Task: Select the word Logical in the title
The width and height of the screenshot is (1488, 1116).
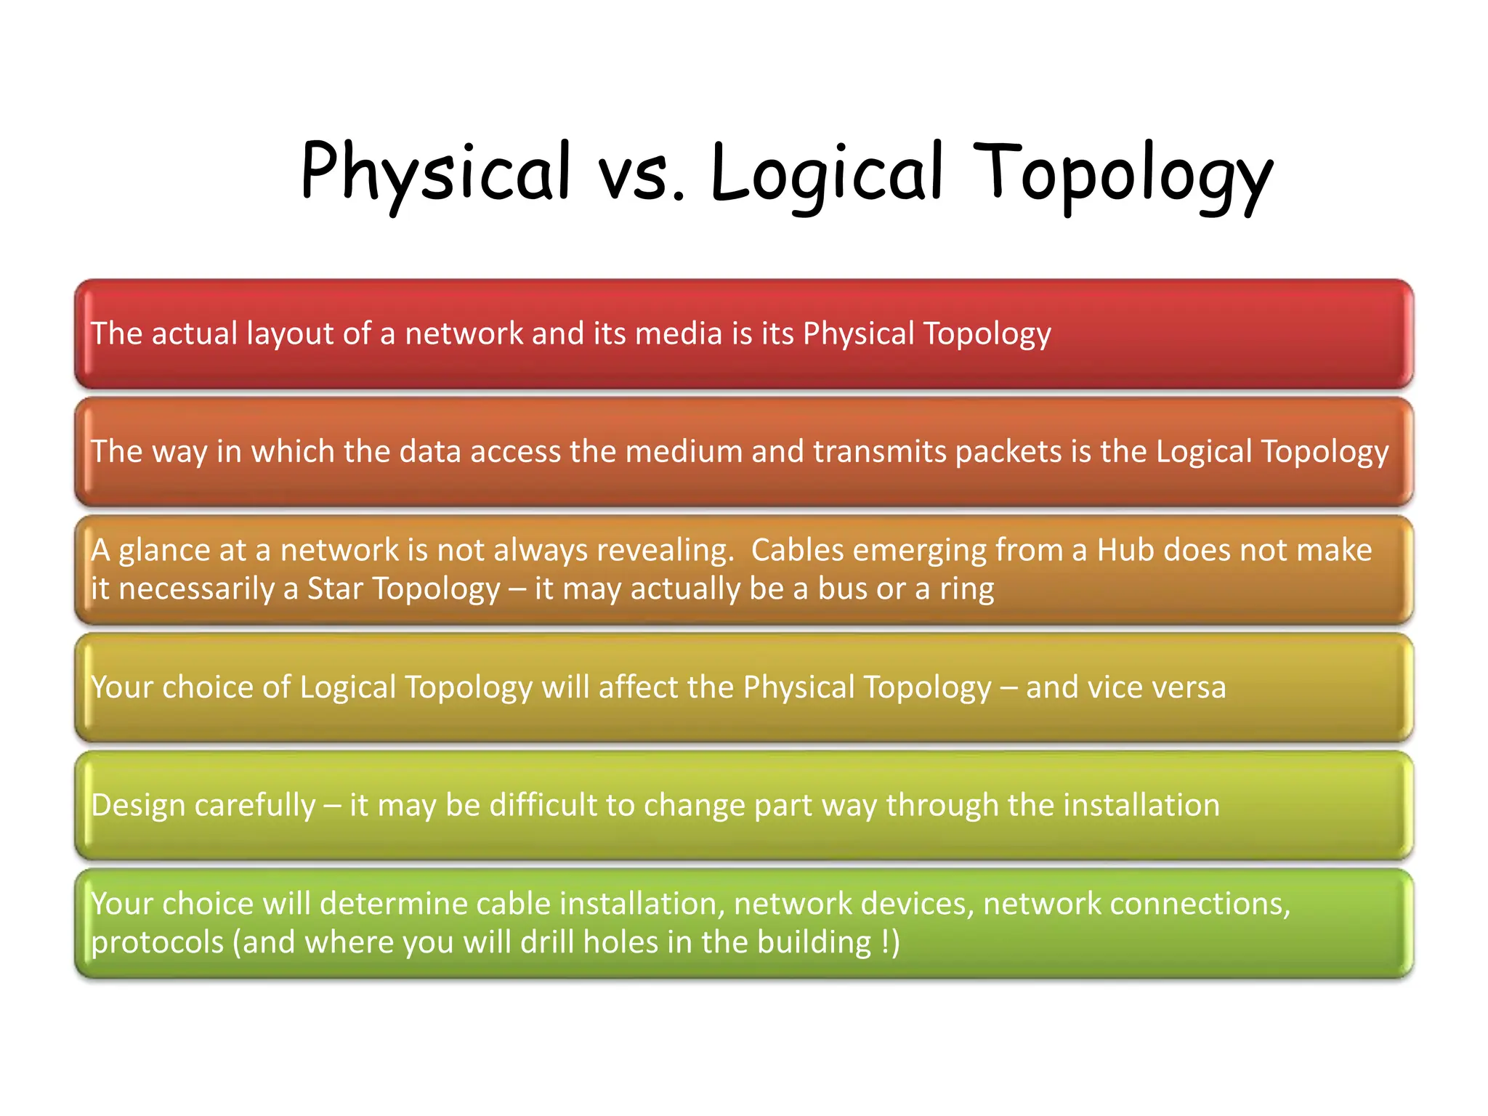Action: click(828, 172)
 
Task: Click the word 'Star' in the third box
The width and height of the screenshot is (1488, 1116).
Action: click(335, 589)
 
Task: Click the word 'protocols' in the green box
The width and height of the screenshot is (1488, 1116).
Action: click(157, 943)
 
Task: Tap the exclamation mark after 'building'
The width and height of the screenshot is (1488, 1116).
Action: click(886, 942)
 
